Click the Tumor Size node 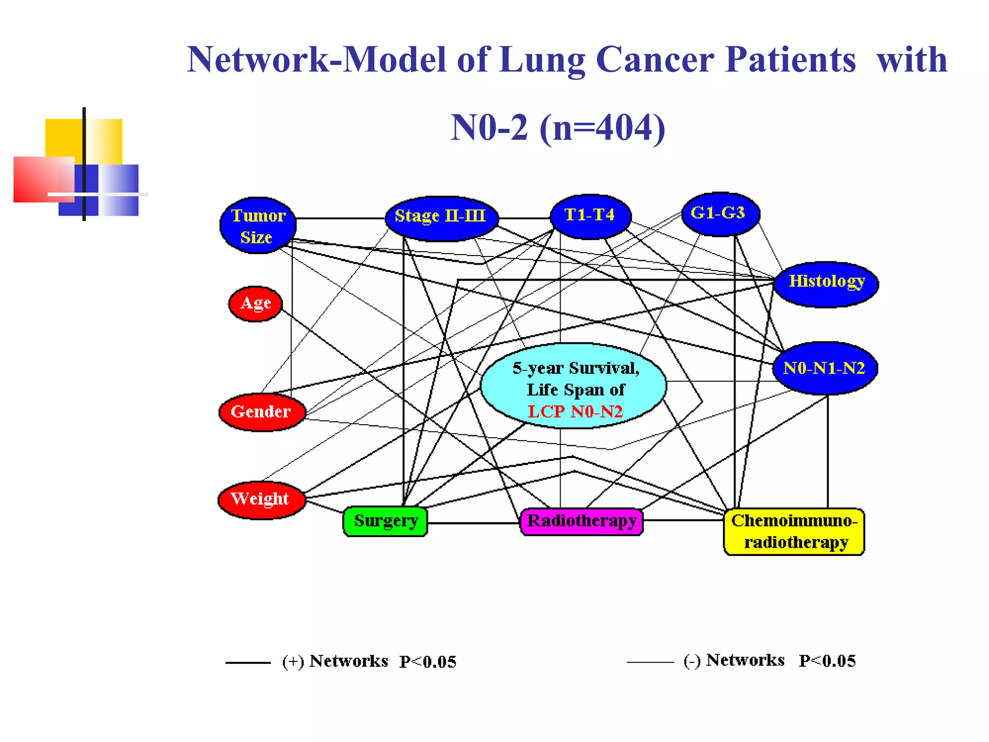258,225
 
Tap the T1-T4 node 590,216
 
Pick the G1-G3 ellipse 720,214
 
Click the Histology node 826,284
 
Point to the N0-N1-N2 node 825,369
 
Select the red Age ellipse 255,304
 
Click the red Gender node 262,412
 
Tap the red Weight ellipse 261,499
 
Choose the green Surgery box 385,521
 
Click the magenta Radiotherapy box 581,521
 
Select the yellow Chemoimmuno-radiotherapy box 794,531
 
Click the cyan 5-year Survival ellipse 574,382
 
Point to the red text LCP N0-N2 575,412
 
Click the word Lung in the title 542,60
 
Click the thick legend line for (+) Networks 248,662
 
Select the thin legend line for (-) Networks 650,662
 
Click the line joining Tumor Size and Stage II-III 340,218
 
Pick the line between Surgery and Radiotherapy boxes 473,523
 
